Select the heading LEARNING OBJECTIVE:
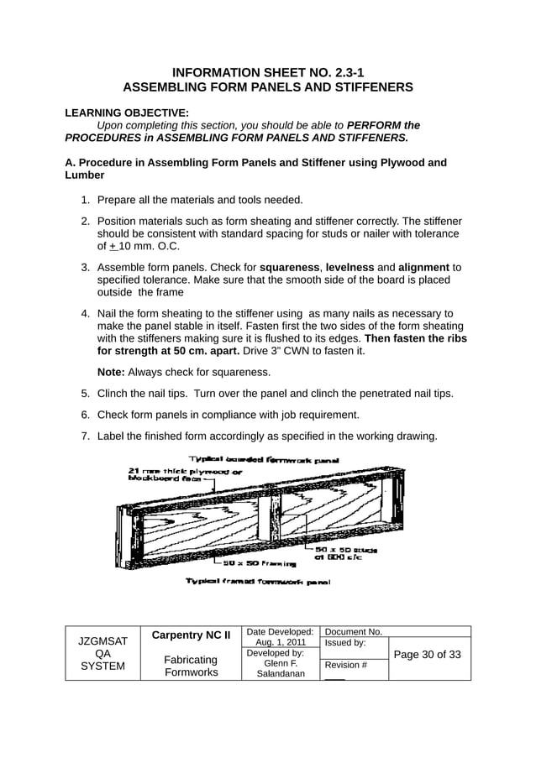(127, 112)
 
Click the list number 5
(85, 393)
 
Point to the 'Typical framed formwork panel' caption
(257, 581)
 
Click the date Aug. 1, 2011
(281, 642)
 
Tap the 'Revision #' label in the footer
(345, 665)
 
